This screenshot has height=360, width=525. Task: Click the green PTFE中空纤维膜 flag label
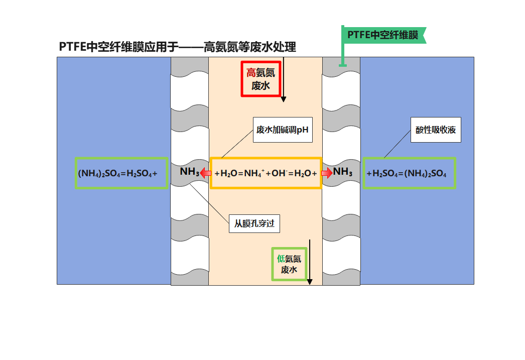(383, 35)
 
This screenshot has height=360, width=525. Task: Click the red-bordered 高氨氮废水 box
(260, 79)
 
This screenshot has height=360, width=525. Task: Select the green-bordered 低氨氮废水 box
(289, 264)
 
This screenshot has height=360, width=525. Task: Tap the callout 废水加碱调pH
(282, 130)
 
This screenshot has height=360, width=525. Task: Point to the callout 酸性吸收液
(436, 130)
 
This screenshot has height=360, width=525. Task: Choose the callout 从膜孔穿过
(254, 223)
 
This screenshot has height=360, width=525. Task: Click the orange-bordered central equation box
(266, 173)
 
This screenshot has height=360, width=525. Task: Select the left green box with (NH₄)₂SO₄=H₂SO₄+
(121, 173)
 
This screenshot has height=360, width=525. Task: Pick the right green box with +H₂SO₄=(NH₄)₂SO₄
(409, 173)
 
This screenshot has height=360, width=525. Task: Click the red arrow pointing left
(205, 173)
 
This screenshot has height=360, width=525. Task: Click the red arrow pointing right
(327, 173)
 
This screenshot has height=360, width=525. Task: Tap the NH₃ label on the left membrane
(189, 172)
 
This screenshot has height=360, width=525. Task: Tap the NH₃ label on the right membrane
(343, 172)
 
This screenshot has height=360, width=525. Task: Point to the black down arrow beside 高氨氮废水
(284, 80)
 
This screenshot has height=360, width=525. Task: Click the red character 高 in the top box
(251, 73)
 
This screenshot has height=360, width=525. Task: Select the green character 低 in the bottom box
(281, 259)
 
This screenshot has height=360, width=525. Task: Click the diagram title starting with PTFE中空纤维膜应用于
(177, 47)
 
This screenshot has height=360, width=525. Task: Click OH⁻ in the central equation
(279, 173)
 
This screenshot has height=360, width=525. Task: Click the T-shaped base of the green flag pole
(343, 64)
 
